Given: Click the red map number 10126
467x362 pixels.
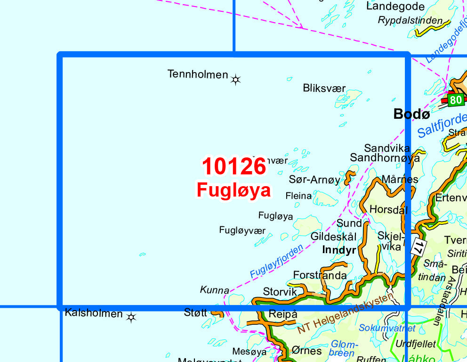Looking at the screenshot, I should pyautogui.click(x=234, y=167).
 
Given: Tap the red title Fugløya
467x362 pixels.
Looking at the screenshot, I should pyautogui.click(x=234, y=190).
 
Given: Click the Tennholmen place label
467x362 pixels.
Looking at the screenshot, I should pyautogui.click(x=198, y=74).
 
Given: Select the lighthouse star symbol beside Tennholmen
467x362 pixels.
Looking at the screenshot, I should pyautogui.click(x=236, y=80).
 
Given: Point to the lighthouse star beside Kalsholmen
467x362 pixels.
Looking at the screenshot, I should pyautogui.click(x=131, y=318).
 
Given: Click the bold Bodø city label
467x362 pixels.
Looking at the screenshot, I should pyautogui.click(x=411, y=114).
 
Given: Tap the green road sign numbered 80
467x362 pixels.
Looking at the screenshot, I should pyautogui.click(x=455, y=100).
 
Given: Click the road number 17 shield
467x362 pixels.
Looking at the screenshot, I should pyautogui.click(x=418, y=246).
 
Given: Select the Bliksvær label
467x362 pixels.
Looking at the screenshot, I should pyautogui.click(x=324, y=88).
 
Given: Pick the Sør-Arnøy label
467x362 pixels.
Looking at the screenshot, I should pyautogui.click(x=314, y=180).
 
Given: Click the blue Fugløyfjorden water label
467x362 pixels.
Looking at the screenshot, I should pyautogui.click(x=276, y=260).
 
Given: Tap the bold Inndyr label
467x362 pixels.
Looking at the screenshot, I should pyautogui.click(x=339, y=250).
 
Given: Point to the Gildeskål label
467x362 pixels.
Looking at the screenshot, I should pyautogui.click(x=333, y=236).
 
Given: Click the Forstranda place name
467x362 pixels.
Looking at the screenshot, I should pyautogui.click(x=320, y=275).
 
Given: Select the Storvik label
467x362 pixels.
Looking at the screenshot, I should pyautogui.click(x=280, y=292).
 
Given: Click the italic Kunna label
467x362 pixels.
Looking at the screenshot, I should pyautogui.click(x=215, y=290).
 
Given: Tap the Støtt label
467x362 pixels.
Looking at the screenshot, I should pyautogui.click(x=195, y=312).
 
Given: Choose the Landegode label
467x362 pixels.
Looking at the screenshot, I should pyautogui.click(x=395, y=7).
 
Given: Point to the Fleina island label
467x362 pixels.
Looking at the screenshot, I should pyautogui.click(x=298, y=196).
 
